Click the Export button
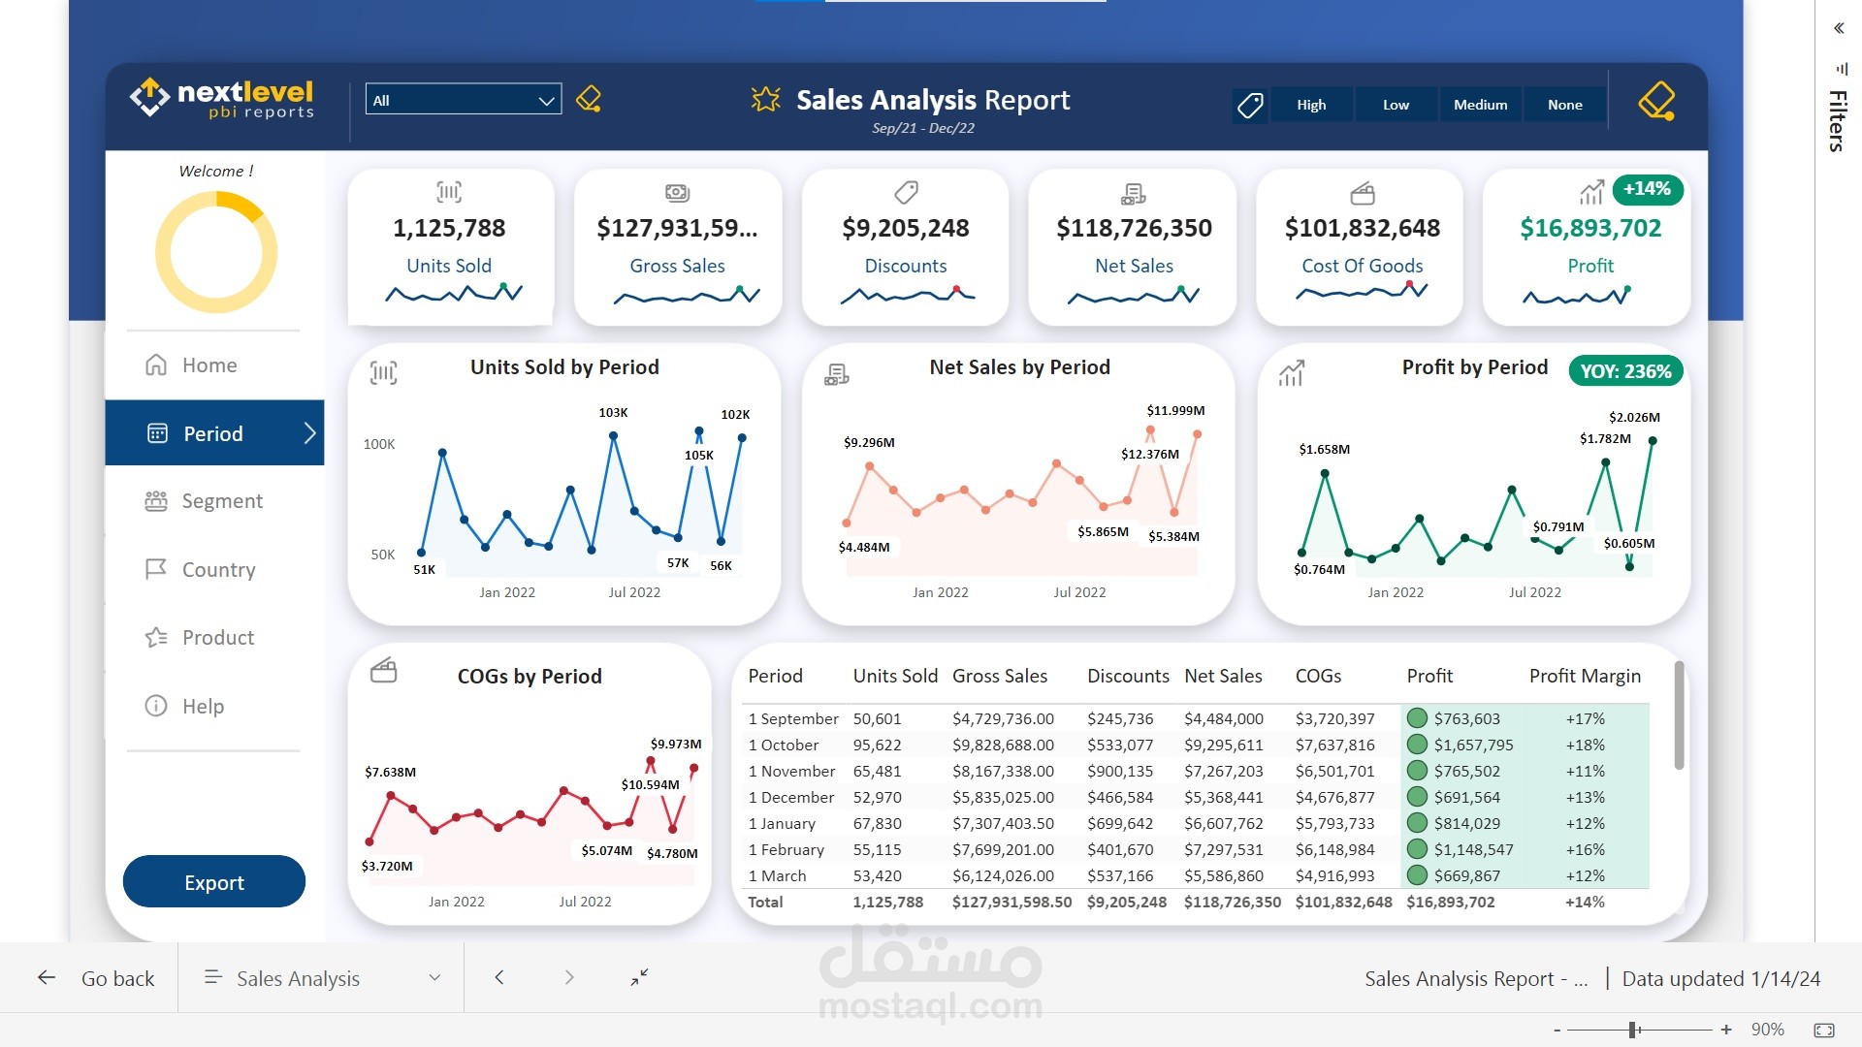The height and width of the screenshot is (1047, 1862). pyautogui.click(x=214, y=882)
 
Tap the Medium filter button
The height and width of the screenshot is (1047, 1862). pyautogui.click(x=1480, y=105)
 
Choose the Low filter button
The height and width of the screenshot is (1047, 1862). pyautogui.click(x=1396, y=105)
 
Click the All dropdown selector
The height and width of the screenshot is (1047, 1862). pyautogui.click(x=464, y=100)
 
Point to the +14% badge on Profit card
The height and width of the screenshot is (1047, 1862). pyautogui.click(x=1647, y=189)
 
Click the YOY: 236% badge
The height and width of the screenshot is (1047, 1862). pyautogui.click(x=1625, y=371)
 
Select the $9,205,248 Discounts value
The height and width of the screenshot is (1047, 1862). pyautogui.click(x=906, y=228)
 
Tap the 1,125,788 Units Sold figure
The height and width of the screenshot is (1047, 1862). pyautogui.click(x=449, y=228)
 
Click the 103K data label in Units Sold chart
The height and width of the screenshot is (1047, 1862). pyautogui.click(x=613, y=413)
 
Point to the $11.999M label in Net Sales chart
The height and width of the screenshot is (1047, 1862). pyautogui.click(x=1175, y=411)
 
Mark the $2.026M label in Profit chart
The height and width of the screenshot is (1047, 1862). pyautogui.click(x=1634, y=418)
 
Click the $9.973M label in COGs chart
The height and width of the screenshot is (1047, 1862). pyautogui.click(x=676, y=745)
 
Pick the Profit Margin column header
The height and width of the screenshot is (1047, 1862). pyautogui.click(x=1585, y=676)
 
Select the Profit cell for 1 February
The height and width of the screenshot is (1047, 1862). pyautogui.click(x=1473, y=850)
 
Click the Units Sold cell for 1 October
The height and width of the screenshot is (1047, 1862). pyautogui.click(x=877, y=746)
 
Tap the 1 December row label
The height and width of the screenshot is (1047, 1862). pyautogui.click(x=790, y=798)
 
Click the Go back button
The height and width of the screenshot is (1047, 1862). pyautogui.click(x=97, y=978)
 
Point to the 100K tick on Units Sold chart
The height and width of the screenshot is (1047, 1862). pyautogui.click(x=379, y=445)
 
